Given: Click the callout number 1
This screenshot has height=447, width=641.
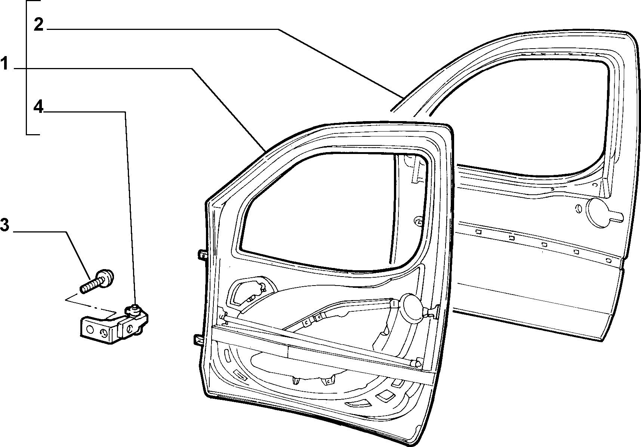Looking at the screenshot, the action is click(x=4, y=64).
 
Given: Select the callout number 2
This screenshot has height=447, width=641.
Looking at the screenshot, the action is click(x=39, y=25).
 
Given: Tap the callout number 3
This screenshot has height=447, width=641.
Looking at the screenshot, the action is click(x=4, y=225).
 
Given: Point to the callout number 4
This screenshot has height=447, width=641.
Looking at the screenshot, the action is click(x=38, y=107).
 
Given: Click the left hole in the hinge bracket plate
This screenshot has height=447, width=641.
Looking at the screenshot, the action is click(x=89, y=329).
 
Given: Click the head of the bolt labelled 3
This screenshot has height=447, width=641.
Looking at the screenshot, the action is click(x=107, y=277).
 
